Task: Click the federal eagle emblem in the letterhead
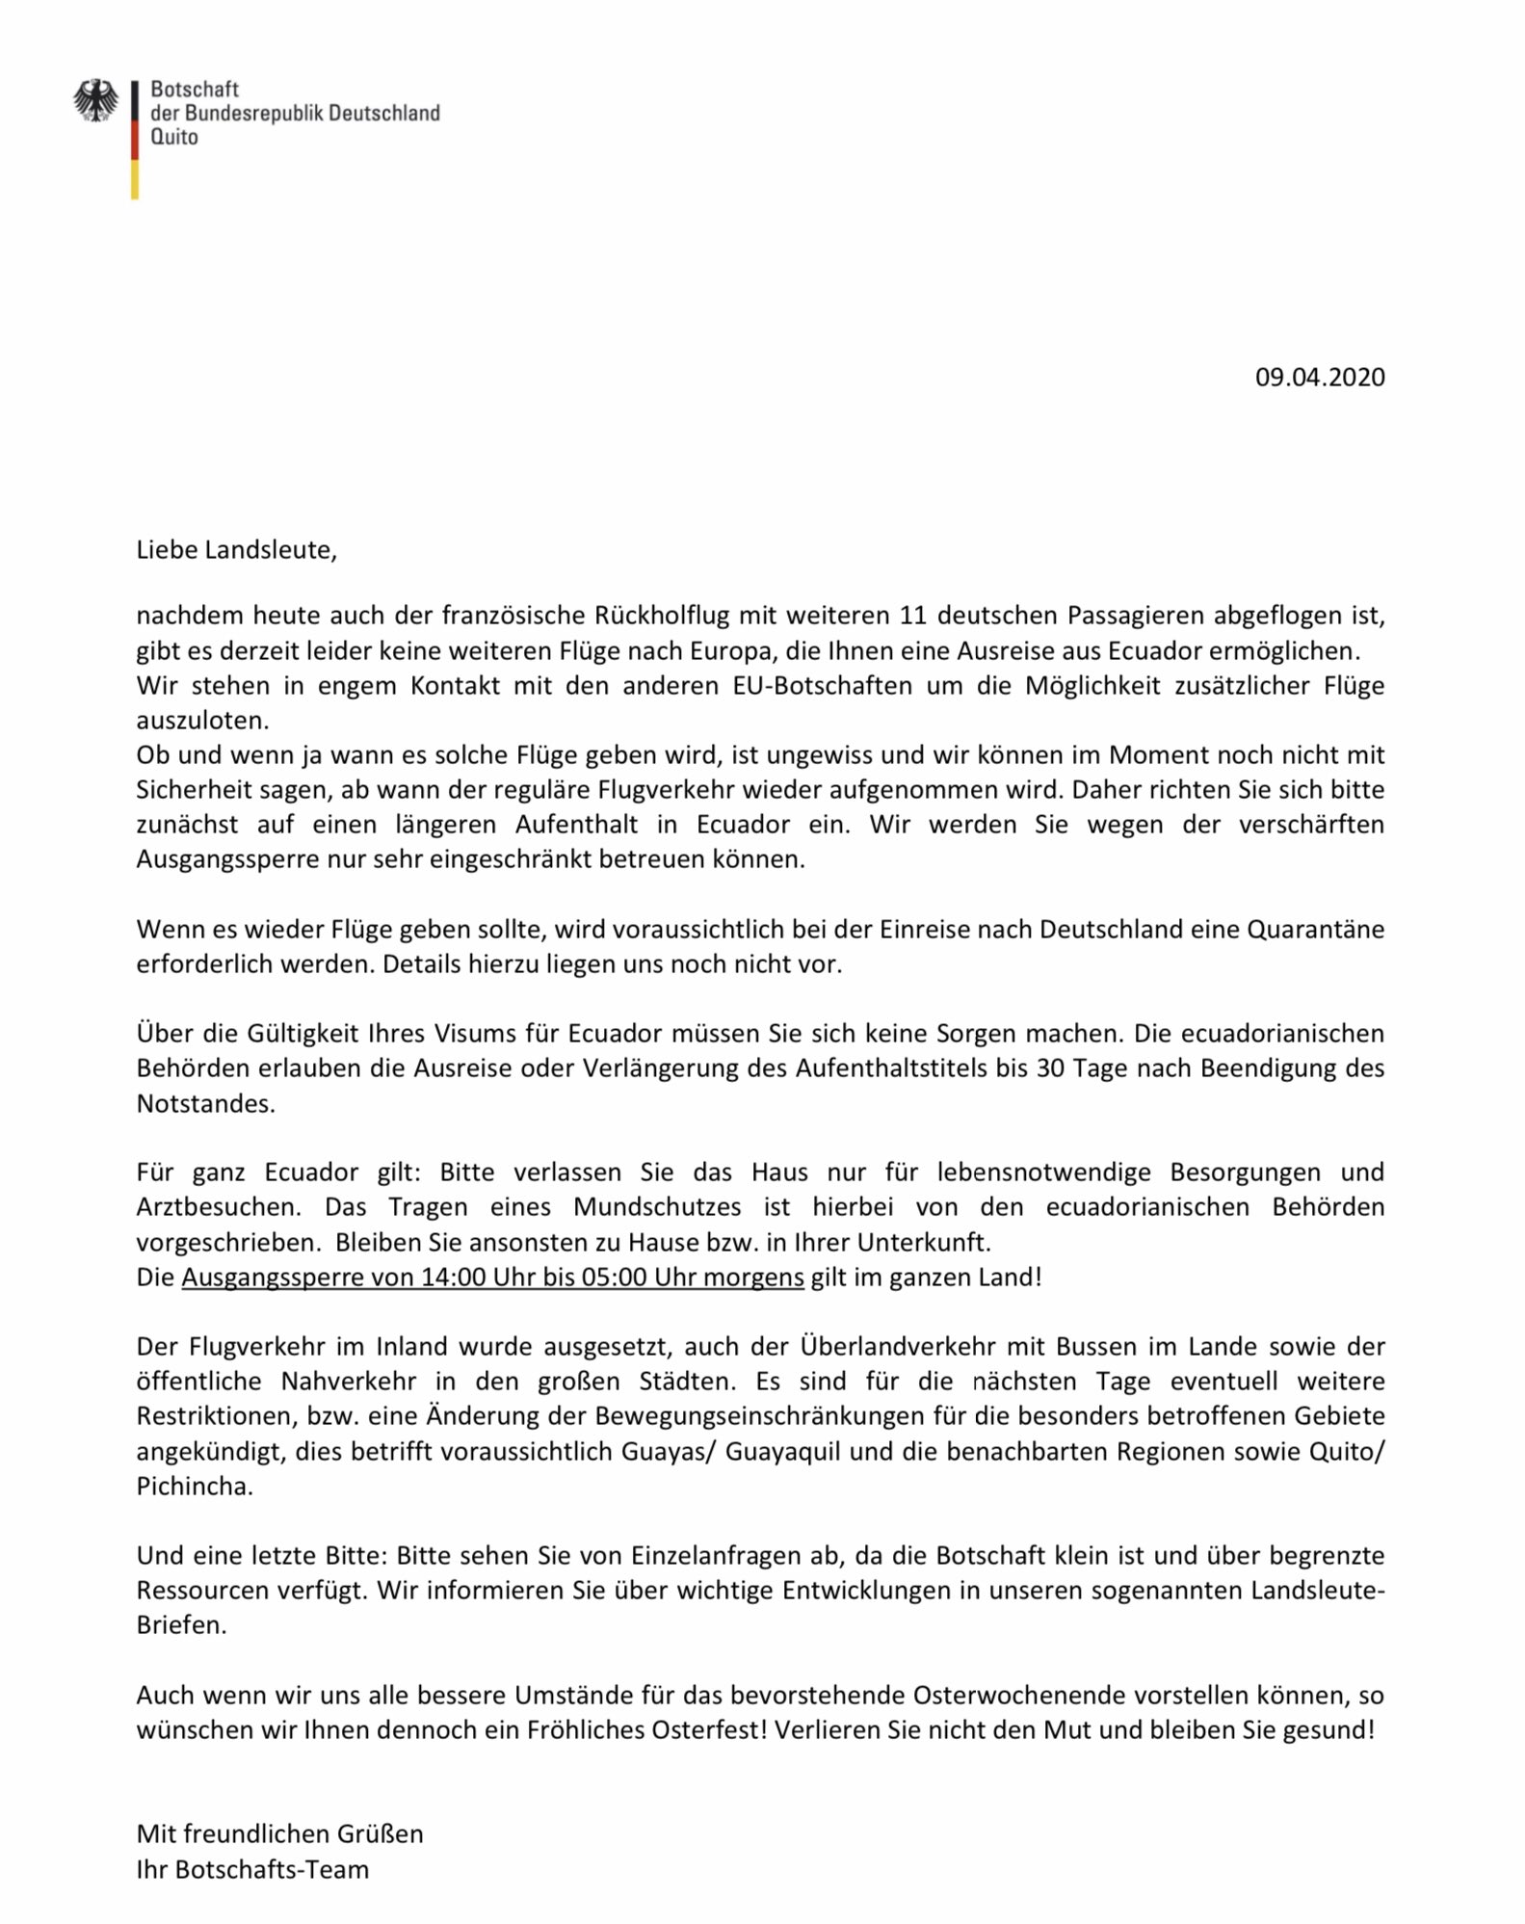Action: pos(95,101)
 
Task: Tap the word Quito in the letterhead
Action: pos(174,138)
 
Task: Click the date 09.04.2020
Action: pos(1319,377)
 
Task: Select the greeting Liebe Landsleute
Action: pos(236,550)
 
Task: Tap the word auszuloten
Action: pos(202,720)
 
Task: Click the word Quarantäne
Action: pos(1315,929)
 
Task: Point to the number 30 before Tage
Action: pos(1049,1067)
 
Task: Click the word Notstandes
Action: pos(205,1103)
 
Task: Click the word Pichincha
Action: pos(194,1486)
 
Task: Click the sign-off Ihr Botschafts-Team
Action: pos(252,1869)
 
